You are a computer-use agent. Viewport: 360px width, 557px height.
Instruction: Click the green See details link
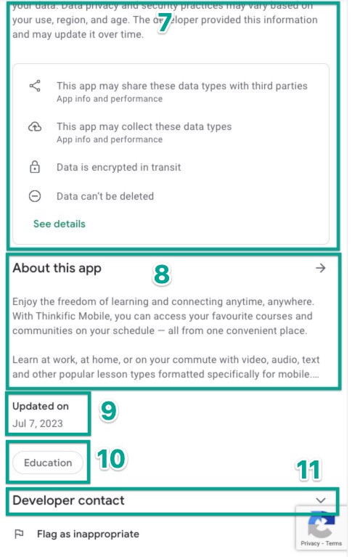(59, 224)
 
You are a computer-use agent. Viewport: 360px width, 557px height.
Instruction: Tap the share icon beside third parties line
(35, 86)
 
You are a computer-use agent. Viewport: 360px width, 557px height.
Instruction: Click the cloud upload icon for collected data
(35, 127)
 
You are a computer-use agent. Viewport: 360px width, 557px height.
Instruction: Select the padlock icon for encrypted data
(35, 168)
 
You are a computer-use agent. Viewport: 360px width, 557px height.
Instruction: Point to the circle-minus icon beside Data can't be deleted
(35, 196)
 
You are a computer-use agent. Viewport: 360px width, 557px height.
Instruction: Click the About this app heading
(57, 268)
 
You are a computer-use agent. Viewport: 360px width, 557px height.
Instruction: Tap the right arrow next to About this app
(321, 268)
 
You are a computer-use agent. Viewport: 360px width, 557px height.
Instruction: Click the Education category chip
(48, 463)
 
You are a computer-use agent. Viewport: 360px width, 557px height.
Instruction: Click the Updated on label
(40, 407)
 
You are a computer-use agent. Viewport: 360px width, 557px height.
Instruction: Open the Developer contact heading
(68, 500)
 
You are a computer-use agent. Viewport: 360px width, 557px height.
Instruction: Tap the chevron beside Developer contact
(321, 500)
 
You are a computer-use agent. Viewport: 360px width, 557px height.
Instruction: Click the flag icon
(19, 534)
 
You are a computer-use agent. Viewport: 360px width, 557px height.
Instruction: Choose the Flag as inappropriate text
(88, 534)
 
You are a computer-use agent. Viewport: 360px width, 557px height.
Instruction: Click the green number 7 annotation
(164, 23)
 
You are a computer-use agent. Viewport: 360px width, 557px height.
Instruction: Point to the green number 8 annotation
(161, 274)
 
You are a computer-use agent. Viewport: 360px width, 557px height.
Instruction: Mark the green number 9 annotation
(108, 411)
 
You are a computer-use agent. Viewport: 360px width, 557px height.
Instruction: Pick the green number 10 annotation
(112, 458)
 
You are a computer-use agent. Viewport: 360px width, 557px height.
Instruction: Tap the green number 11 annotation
(308, 470)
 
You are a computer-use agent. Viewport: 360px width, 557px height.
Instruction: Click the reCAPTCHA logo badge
(321, 526)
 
